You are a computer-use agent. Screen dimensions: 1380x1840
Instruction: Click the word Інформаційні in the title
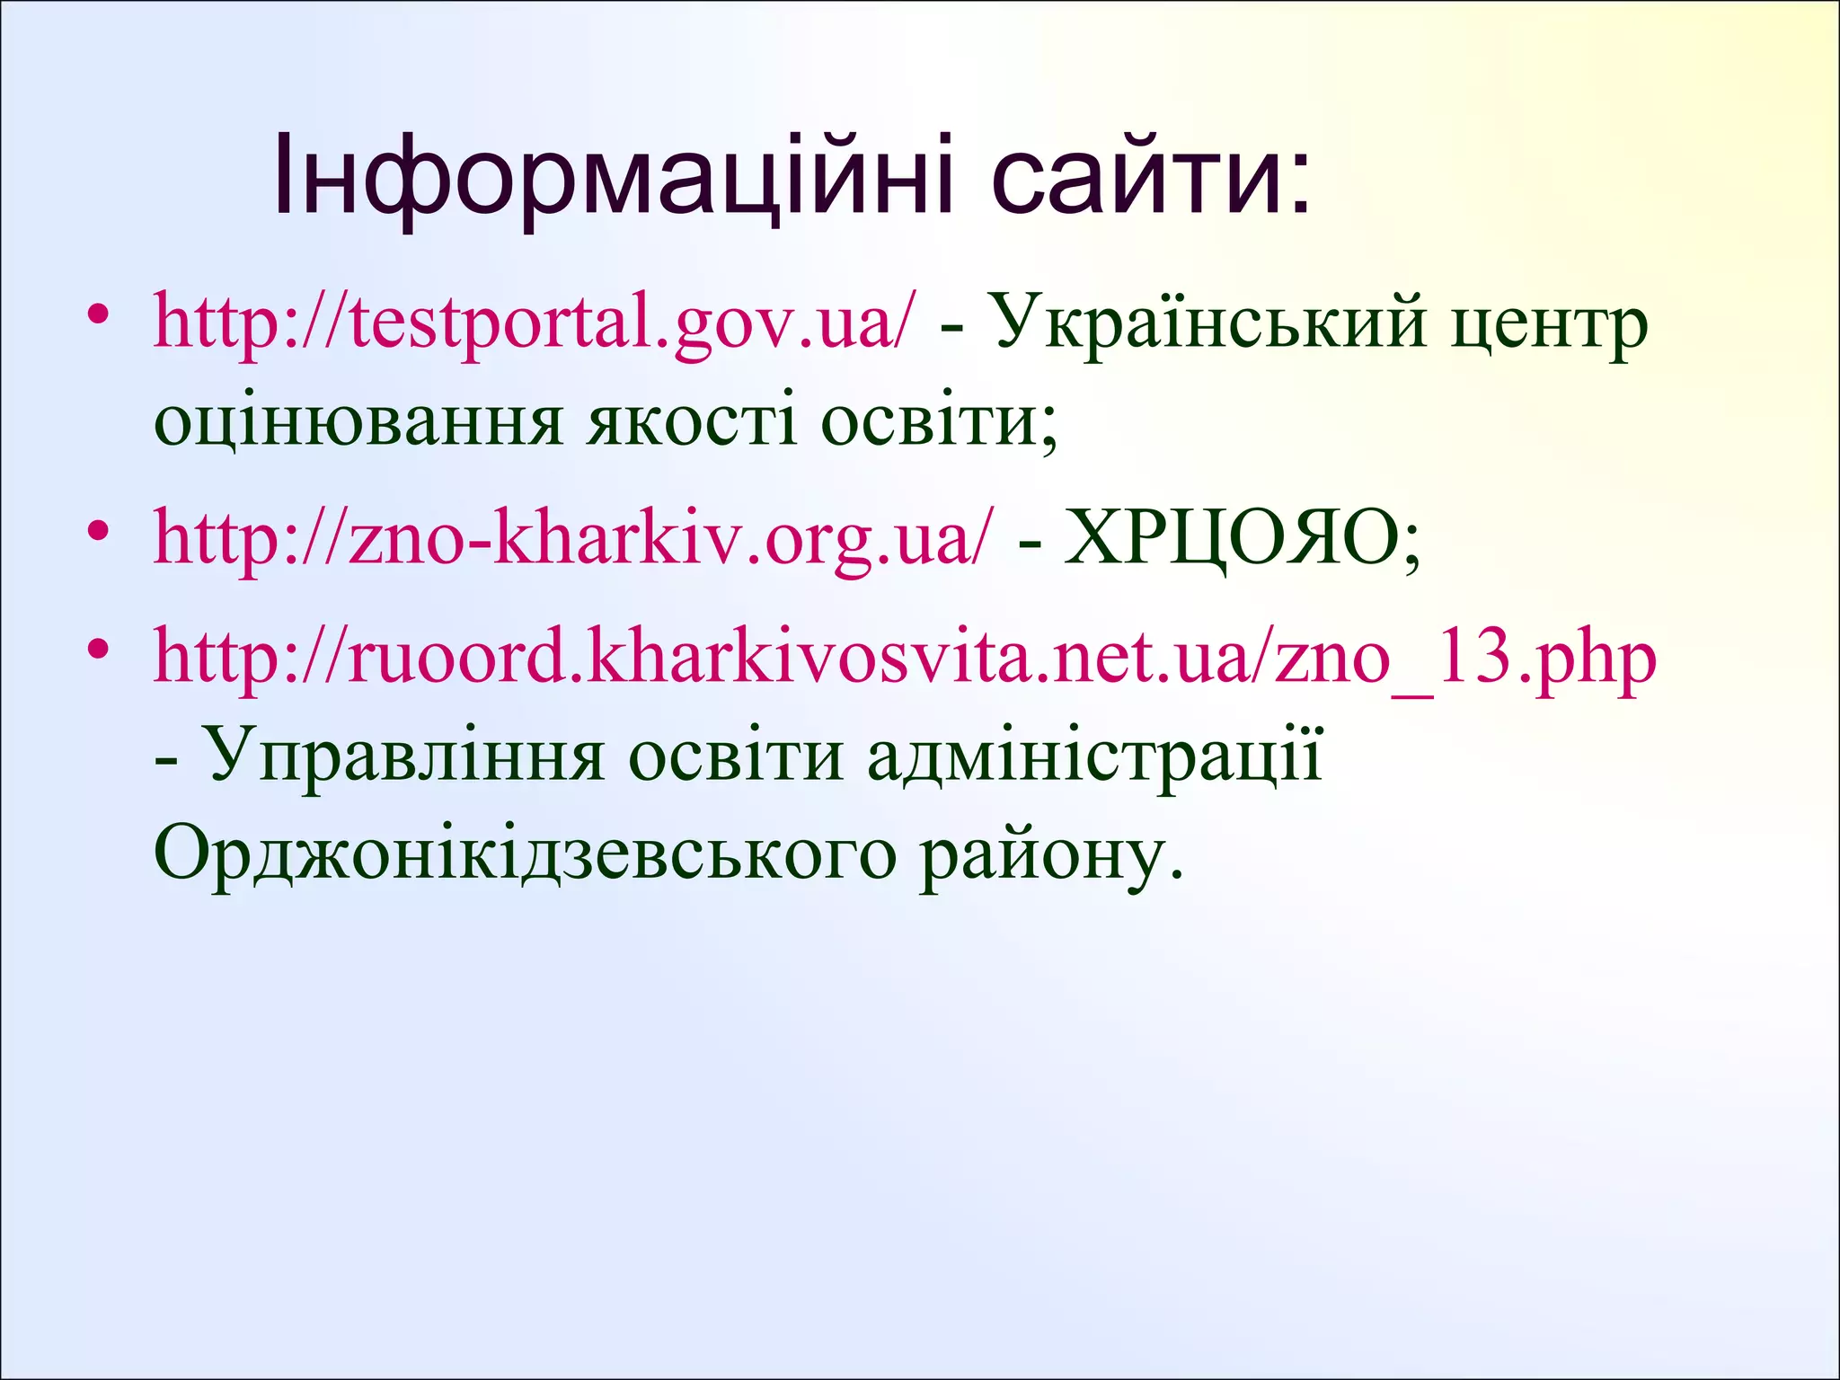click(x=611, y=175)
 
